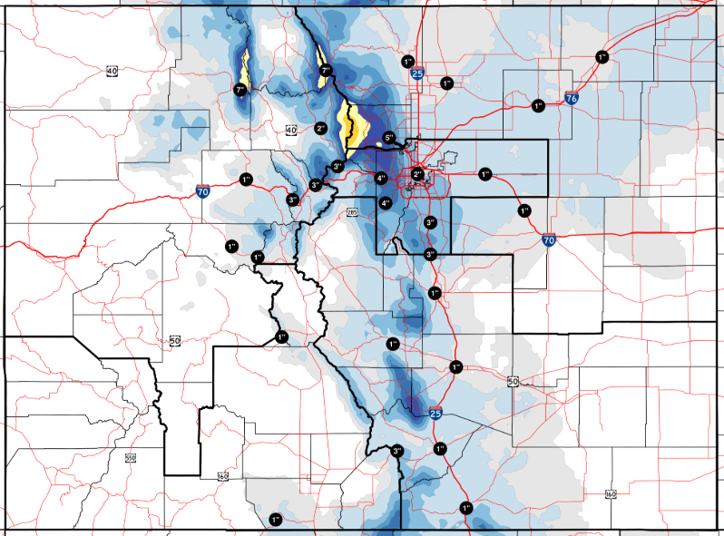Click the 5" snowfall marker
click(389, 138)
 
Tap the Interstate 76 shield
click(572, 97)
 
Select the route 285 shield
click(353, 212)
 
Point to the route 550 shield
click(130, 458)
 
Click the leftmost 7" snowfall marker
click(240, 90)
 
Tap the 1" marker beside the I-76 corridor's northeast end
click(602, 56)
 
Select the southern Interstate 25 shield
click(436, 413)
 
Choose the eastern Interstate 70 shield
click(548, 241)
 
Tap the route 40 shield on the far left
click(112, 71)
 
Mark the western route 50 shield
click(175, 341)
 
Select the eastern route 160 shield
click(610, 493)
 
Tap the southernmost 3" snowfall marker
click(397, 451)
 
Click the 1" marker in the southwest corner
click(275, 519)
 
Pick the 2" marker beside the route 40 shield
click(320, 129)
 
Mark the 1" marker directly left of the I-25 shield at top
click(406, 62)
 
